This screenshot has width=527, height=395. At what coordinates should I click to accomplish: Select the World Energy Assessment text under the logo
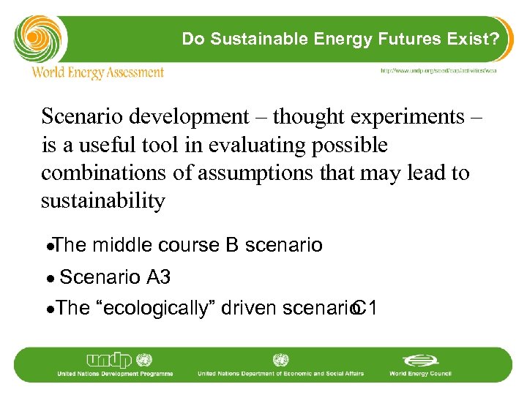click(97, 72)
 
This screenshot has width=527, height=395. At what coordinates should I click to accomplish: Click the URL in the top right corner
click(438, 70)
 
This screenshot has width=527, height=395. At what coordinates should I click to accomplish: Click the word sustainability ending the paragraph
click(103, 202)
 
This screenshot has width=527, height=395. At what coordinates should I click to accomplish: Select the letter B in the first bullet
click(232, 245)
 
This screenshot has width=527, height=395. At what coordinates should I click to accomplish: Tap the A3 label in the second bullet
click(159, 277)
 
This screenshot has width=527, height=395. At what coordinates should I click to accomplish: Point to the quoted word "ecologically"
click(155, 309)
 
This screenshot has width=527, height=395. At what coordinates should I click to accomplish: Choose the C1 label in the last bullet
click(364, 309)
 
